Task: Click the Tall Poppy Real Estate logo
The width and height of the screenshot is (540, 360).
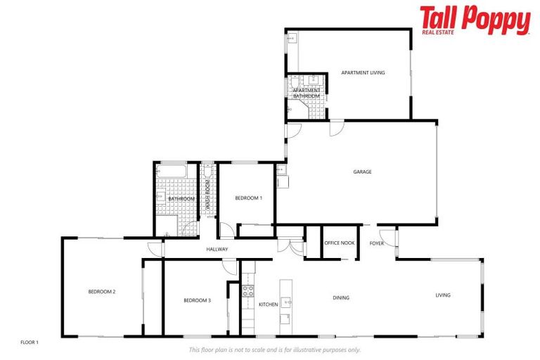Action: [475, 21]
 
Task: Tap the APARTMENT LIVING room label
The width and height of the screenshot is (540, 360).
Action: [363, 73]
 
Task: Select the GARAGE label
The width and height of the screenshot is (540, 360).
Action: [362, 172]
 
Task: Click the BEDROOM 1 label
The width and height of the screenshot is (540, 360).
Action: [248, 198]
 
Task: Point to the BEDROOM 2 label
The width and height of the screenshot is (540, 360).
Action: [101, 292]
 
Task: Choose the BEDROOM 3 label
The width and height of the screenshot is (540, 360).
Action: [197, 300]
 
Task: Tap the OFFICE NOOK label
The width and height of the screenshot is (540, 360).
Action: [339, 243]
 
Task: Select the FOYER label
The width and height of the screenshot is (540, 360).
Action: [377, 243]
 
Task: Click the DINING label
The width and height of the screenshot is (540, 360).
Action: [341, 297]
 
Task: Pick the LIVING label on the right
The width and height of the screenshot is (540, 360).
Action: [442, 295]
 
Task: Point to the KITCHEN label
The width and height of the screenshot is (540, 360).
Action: [269, 304]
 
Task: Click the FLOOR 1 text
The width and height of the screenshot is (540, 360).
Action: [29, 342]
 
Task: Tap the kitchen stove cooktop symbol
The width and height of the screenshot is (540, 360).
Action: [247, 290]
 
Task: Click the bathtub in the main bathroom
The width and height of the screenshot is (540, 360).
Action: [171, 170]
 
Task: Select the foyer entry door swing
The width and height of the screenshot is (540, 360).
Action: [386, 236]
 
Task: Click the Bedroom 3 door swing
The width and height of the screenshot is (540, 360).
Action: [230, 265]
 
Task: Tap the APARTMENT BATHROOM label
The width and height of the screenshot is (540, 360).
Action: [307, 93]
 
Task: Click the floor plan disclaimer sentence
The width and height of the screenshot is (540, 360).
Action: [274, 349]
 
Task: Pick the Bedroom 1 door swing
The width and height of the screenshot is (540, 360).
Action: [226, 231]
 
